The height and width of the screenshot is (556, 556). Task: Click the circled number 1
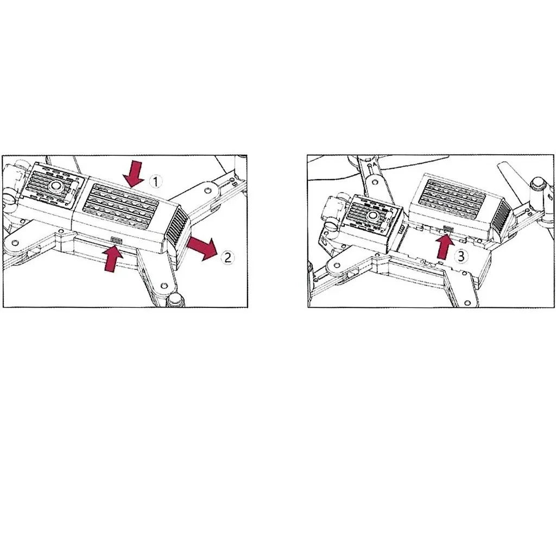pyautogui.click(x=155, y=181)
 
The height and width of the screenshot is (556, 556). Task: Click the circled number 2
pyautogui.click(x=228, y=257)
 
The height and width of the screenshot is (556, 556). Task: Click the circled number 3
pyautogui.click(x=461, y=256)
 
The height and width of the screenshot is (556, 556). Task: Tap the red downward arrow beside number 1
pyautogui.click(x=134, y=173)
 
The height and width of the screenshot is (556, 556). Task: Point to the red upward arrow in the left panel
pyautogui.click(x=112, y=258)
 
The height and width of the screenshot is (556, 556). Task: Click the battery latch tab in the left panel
pyautogui.click(x=116, y=240)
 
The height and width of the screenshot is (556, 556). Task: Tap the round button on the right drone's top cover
pyautogui.click(x=372, y=215)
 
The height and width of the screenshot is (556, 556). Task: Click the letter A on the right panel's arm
pyautogui.click(x=370, y=165)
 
